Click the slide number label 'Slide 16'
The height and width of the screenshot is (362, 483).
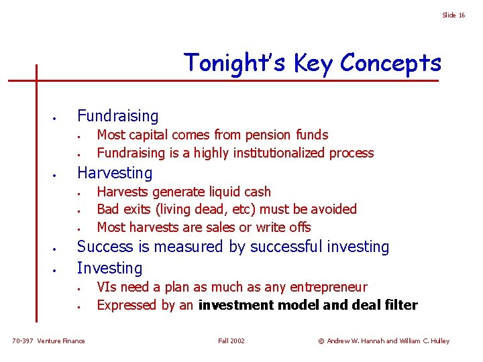453,15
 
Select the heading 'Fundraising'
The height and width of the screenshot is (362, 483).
118,116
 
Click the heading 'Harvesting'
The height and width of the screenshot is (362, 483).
115,173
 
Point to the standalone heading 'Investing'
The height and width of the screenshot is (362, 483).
110,268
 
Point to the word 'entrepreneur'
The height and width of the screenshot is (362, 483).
329,287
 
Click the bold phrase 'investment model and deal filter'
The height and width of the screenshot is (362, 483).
308,306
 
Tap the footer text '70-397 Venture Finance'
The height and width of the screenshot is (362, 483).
49,341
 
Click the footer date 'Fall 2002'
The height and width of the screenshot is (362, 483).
231,341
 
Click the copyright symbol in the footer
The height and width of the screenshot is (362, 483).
321,341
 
